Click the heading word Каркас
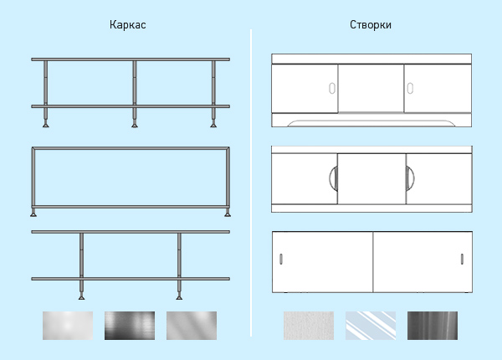click(x=128, y=25)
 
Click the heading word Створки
click(x=371, y=25)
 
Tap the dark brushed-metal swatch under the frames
click(x=130, y=326)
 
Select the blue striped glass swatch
click(x=371, y=326)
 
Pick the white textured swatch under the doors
click(x=309, y=326)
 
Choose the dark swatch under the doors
click(x=433, y=326)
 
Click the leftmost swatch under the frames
click(x=68, y=326)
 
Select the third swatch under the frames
click(x=192, y=326)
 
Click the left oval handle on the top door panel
click(x=332, y=89)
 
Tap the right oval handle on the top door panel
click(x=410, y=88)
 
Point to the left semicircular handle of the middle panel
click(x=333, y=178)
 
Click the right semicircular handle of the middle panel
click(x=410, y=178)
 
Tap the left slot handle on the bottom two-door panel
click(x=281, y=259)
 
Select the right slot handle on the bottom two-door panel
click(x=462, y=259)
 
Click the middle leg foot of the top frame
click(x=135, y=125)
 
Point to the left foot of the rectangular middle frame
click(x=33, y=213)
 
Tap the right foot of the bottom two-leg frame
click(x=179, y=297)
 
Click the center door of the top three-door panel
click(x=371, y=89)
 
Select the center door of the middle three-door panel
click(x=371, y=178)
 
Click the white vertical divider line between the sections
click(x=251, y=183)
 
